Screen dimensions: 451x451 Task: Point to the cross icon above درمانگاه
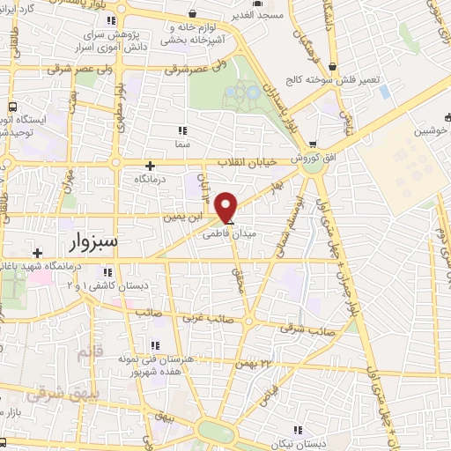150,165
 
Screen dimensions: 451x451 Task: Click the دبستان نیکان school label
314,442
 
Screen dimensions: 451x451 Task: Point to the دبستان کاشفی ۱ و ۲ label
97,287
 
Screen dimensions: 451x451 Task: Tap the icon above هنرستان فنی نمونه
157,344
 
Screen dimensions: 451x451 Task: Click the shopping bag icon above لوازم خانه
193,15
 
